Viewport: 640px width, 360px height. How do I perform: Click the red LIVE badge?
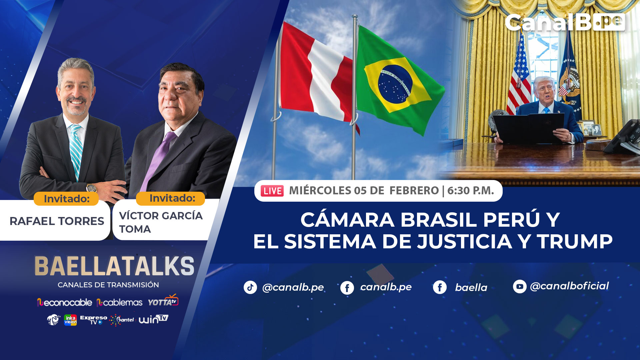pyautogui.click(x=272, y=191)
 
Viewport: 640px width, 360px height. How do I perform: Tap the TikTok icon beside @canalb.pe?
pyautogui.click(x=250, y=287)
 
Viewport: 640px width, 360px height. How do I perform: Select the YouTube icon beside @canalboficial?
pyautogui.click(x=519, y=286)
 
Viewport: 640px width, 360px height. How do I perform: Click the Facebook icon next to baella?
pyautogui.click(x=440, y=287)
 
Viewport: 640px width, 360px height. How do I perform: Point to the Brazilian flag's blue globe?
pyautogui.click(x=395, y=84)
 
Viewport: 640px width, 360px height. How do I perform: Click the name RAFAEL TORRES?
pyautogui.click(x=57, y=221)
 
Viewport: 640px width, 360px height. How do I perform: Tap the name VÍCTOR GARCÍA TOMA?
pyautogui.click(x=161, y=222)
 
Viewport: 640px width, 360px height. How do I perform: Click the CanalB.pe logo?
pyautogui.click(x=565, y=23)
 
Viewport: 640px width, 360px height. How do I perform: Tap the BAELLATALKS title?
pyautogui.click(x=114, y=266)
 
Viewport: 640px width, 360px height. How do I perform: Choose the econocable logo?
pyautogui.click(x=64, y=302)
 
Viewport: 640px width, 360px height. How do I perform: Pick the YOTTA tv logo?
pyautogui.click(x=163, y=301)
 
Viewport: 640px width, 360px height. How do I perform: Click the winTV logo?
pyautogui.click(x=153, y=319)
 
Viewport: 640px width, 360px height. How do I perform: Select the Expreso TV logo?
pyautogui.click(x=93, y=320)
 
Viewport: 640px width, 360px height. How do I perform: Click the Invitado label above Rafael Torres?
pyautogui.click(x=66, y=199)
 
